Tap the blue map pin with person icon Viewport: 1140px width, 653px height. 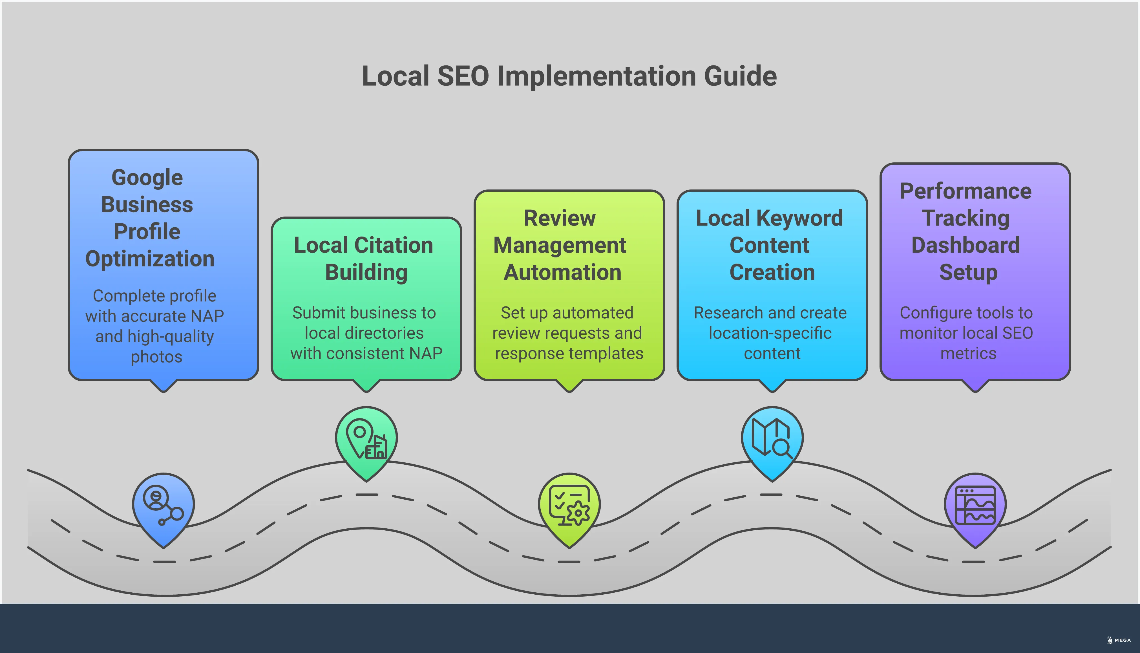click(163, 507)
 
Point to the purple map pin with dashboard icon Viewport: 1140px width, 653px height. click(975, 507)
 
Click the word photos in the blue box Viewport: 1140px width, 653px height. click(156, 357)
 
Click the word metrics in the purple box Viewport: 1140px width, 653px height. click(968, 353)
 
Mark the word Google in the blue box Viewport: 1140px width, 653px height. click(147, 178)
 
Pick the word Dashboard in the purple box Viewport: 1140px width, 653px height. click(966, 245)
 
